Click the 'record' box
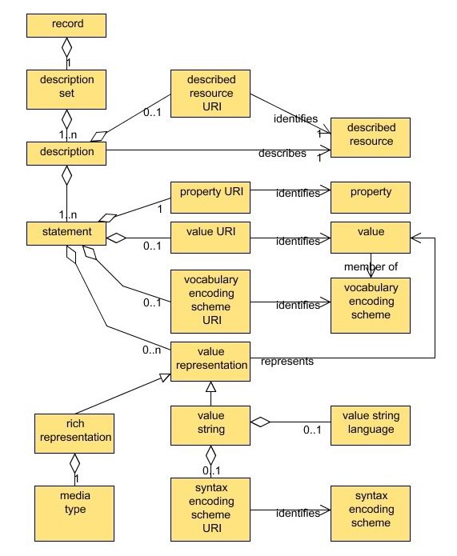pos(66,24)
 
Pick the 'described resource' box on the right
pos(370,135)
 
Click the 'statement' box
pos(66,233)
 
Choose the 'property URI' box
pos(210,193)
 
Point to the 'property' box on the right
pos(370,193)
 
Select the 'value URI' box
pos(210,233)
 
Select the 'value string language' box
pos(370,422)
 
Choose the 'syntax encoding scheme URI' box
pos(210,506)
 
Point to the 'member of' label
pos(370,266)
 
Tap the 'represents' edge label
pos(287,362)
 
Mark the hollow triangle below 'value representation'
pos(210,386)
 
